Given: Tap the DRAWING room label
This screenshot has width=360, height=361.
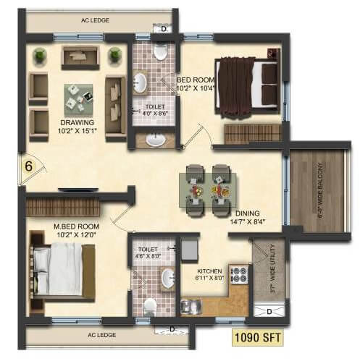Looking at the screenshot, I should pyautogui.click(x=76, y=123).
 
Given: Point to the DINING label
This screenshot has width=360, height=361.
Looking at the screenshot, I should pyautogui.click(x=248, y=213).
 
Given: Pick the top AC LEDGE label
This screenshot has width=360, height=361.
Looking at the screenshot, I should pyautogui.click(x=94, y=20).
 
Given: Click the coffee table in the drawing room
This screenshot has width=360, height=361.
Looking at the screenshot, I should pyautogui.click(x=78, y=94).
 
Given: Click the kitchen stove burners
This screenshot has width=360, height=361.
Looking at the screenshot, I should pyautogui.click(x=238, y=276).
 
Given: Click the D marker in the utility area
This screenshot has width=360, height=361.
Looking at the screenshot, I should pyautogui.click(x=269, y=312).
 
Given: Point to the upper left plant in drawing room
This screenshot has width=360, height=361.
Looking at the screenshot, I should pyautogui.click(x=40, y=54).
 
